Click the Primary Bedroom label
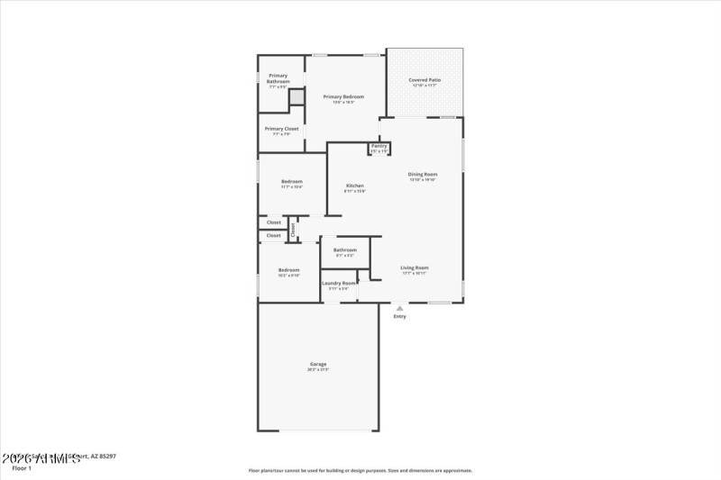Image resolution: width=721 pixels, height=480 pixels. [343, 96]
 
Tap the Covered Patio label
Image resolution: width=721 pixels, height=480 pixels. [423, 80]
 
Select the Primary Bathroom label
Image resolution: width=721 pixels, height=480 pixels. [278, 78]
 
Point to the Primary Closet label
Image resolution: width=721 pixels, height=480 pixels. [281, 129]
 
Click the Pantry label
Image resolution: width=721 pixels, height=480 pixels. [379, 145]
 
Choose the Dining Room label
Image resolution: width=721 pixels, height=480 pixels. [423, 174]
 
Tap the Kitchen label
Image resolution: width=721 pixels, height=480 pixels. [355, 186]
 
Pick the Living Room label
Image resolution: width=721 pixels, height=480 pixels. [415, 267]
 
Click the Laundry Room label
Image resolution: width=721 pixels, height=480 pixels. [339, 283]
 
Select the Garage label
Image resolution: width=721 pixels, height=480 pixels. [317, 364]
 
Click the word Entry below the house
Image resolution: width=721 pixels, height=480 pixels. [399, 316]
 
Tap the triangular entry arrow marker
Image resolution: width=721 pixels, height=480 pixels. [399, 308]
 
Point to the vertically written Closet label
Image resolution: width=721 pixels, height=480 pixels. [292, 229]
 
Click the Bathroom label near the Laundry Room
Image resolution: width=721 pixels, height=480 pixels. [345, 249]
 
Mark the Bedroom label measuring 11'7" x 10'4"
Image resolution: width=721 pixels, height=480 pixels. [291, 181]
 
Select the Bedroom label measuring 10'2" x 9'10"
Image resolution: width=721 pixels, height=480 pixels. [288, 270]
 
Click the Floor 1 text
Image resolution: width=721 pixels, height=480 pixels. [21, 468]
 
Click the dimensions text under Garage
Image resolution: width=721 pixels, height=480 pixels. [317, 370]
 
